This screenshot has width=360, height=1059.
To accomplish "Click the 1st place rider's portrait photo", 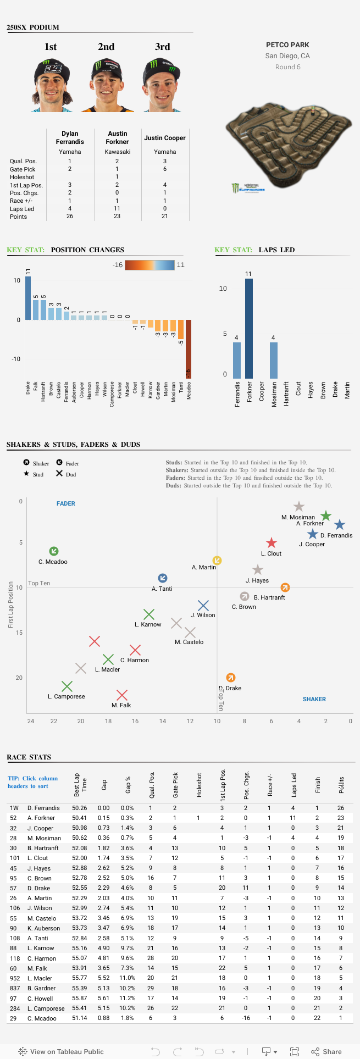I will tap(51, 85).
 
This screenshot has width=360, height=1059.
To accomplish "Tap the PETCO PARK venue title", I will tap(287, 45).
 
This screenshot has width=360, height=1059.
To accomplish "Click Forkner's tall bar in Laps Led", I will tap(248, 329).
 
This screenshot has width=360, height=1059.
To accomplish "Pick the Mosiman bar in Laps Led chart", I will tap(273, 360).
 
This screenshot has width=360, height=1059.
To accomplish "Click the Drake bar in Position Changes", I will tap(28, 298).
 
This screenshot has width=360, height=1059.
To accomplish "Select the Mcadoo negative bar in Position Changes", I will tap(189, 348).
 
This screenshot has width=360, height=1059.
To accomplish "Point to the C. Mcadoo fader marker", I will tap(54, 551).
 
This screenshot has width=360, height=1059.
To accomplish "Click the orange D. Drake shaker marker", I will tap(231, 678).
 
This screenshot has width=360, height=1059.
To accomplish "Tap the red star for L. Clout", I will tap(272, 543).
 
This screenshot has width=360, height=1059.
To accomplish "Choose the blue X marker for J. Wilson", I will tap(203, 606).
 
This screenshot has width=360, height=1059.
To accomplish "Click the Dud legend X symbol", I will tap(59, 474).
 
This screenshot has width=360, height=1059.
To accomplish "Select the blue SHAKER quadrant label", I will tap(314, 699).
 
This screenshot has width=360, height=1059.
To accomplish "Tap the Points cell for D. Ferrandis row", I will tap(341, 808).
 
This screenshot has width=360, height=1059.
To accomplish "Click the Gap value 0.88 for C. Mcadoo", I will tap(103, 1018).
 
